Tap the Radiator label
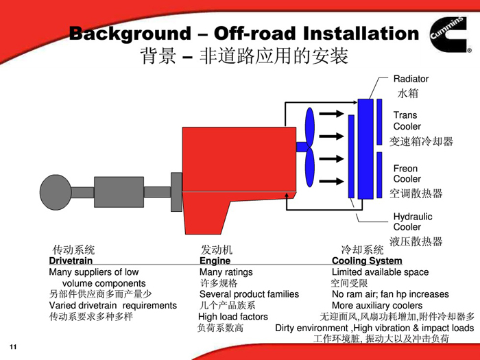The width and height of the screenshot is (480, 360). coord(411,79)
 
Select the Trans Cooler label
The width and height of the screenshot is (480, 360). coord(407,121)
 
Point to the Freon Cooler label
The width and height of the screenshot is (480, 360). coord(407,173)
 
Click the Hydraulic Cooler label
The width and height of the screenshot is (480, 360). coord(412,221)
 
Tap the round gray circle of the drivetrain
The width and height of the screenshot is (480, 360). coord(56,191)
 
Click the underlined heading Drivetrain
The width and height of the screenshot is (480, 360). coord(71,261)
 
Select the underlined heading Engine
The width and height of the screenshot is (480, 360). coord(215,261)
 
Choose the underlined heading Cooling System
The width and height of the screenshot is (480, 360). coord(367,261)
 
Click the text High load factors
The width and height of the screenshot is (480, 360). coord(233,317)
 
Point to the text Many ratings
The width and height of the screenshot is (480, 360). coord(226,272)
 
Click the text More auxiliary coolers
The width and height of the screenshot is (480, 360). coord(377,305)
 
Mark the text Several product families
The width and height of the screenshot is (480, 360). coord(249,294)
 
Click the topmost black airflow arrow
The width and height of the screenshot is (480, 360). coord(332,113)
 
